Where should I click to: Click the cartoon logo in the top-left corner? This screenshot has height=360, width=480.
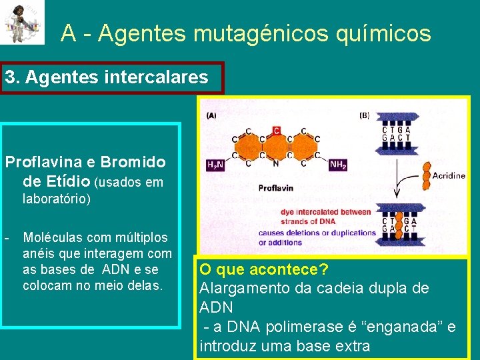pyautogui.click(x=23, y=22)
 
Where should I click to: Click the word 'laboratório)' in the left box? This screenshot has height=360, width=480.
pyautogui.click(x=57, y=199)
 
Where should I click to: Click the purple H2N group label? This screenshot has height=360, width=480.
pyautogui.click(x=215, y=165)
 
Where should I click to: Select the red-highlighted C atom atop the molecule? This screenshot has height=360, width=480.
pyautogui.click(x=276, y=131)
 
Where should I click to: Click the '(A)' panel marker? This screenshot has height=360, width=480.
pyautogui.click(x=211, y=115)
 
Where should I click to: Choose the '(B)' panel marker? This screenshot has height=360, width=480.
pyautogui.click(x=364, y=115)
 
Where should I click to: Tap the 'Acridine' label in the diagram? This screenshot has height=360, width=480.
pyautogui.click(x=448, y=175)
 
